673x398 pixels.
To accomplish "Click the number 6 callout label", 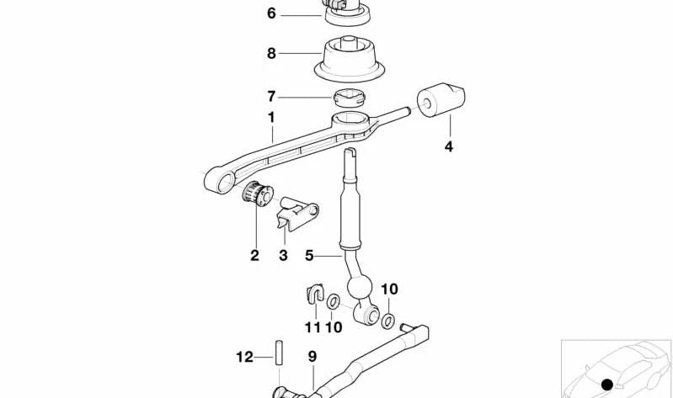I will tap(270, 13).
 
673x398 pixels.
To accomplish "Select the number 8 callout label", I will tap(270, 53).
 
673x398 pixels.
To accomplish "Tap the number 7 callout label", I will tap(270, 97).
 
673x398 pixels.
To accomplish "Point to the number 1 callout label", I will tap(270, 117).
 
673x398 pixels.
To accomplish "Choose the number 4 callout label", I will tap(449, 146).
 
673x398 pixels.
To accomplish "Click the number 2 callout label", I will tap(254, 255).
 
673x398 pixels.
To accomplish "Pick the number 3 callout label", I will tap(283, 255).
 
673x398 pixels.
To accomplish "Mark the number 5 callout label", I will tap(308, 254).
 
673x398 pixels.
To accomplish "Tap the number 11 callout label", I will tap(311, 326).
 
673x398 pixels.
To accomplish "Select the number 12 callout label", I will tap(243, 358).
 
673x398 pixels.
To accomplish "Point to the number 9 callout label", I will tap(312, 358).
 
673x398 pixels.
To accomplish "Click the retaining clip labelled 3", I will tap(296, 214).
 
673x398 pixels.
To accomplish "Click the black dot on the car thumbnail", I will tap(606, 385).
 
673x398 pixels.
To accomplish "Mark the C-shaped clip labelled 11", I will tap(314, 294).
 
